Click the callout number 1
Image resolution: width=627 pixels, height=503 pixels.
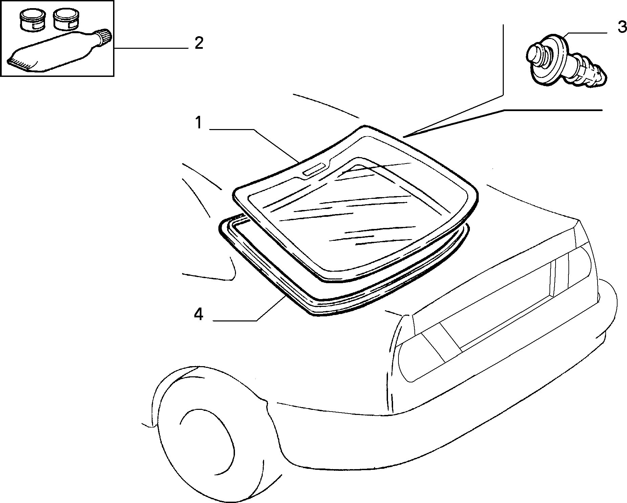tap(198, 123)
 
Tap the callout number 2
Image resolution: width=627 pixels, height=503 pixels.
tap(199, 44)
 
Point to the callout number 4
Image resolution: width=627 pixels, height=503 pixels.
tap(199, 314)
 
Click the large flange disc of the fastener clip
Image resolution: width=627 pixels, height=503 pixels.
tap(549, 59)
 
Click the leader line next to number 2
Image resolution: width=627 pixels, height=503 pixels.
tap(151, 49)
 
